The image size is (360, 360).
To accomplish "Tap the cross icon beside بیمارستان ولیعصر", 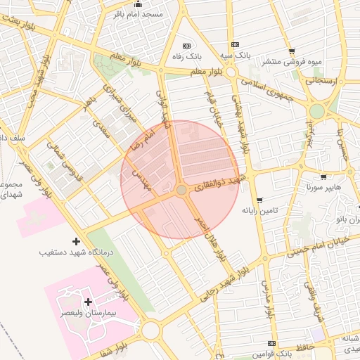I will point(87,302).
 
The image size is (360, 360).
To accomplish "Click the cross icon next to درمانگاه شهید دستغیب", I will point(76,241).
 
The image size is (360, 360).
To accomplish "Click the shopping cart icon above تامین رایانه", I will point(259,200).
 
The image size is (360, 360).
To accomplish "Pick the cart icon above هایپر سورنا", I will point(323,177).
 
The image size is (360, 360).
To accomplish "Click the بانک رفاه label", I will point(188,54).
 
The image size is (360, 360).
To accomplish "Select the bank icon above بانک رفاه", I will point(186,44).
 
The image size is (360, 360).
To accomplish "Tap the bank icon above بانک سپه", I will point(234,44).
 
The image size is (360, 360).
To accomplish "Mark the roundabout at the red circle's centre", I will point(181,190).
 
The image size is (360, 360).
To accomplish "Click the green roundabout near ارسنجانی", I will point(317,111).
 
